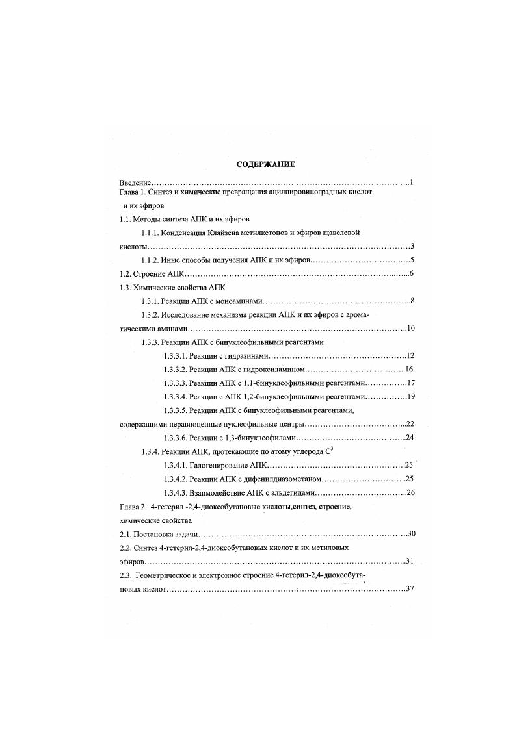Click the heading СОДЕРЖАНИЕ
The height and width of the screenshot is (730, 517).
pos(265,164)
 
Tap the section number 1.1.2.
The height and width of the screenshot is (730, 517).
pos(152,260)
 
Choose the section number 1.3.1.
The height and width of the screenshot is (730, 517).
pos(152,301)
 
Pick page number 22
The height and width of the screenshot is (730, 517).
pos(410,424)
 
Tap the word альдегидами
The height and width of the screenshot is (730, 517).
pos(274,493)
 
